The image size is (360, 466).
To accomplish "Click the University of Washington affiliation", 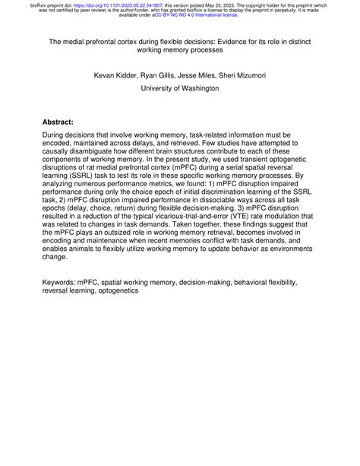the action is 180,88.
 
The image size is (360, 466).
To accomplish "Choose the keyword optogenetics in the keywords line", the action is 114,290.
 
